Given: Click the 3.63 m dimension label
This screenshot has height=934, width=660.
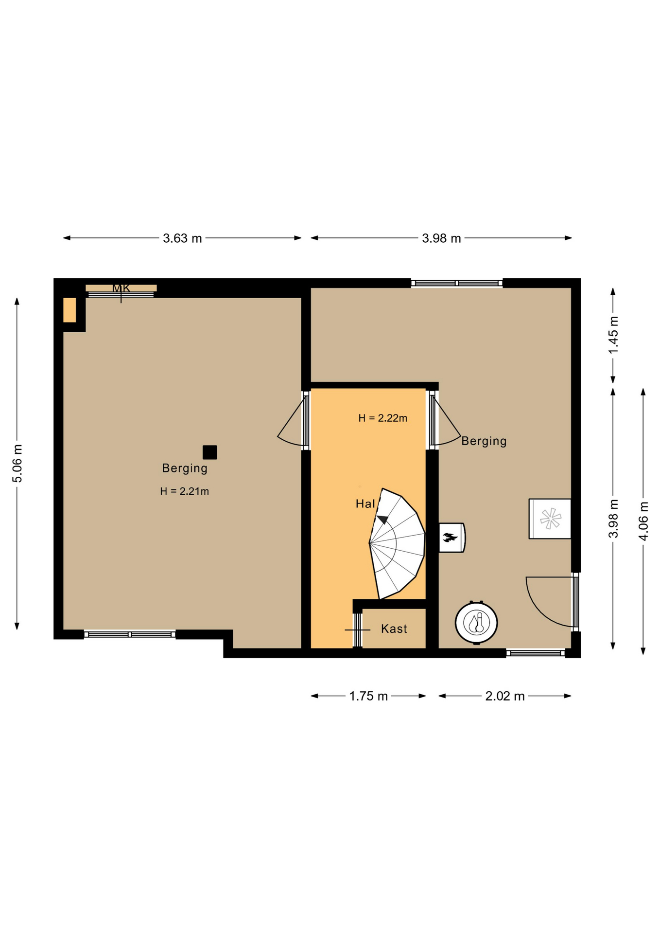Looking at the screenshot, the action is [x=182, y=238].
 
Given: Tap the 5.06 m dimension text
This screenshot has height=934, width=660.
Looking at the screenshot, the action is [x=17, y=463].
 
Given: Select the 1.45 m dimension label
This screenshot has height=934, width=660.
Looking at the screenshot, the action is [x=613, y=335].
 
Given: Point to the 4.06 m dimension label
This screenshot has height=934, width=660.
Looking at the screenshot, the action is [x=643, y=521].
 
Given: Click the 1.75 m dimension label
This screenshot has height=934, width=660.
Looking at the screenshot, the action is [x=368, y=696].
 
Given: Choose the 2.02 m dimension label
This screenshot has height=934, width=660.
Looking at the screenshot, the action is [x=505, y=696].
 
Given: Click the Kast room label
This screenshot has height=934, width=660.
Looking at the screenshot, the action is [x=394, y=629].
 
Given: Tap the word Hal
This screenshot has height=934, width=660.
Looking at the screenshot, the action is [x=365, y=504].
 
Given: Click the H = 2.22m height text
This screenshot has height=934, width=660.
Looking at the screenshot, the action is [x=383, y=418].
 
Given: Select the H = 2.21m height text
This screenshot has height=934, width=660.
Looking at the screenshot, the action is [x=185, y=491].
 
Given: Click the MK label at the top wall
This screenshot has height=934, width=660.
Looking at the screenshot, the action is [x=121, y=288].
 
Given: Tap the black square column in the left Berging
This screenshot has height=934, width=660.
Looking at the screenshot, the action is [x=210, y=452].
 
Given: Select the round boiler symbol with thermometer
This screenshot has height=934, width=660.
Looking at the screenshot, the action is [x=476, y=623].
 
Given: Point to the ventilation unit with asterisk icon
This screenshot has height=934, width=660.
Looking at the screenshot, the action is [x=550, y=519].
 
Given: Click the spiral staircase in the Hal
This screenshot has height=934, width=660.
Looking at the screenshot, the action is [x=397, y=543].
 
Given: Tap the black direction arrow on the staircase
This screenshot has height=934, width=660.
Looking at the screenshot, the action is [x=383, y=519].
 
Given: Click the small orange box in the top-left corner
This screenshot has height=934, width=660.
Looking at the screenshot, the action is [x=69, y=310].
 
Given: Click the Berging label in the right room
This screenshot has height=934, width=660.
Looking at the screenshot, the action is [x=484, y=441].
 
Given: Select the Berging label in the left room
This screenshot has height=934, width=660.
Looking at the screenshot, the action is [x=185, y=468].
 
